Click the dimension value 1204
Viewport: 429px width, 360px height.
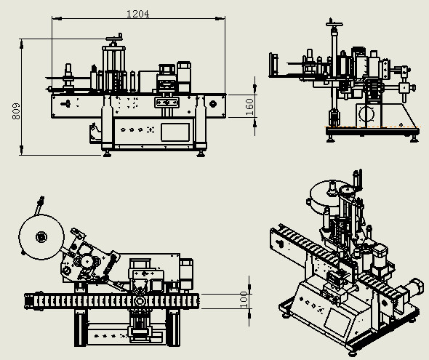[x=138, y=14]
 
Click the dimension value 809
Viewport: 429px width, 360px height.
[x=16, y=111]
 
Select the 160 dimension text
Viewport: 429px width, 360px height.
[x=249, y=107]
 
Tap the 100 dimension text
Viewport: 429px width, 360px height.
[x=244, y=300]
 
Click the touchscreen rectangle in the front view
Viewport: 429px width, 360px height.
[x=175, y=132]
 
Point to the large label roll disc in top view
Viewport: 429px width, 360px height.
[x=41, y=237]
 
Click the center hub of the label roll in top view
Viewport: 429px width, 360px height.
[x=41, y=237]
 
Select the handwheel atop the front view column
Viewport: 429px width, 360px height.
[x=114, y=38]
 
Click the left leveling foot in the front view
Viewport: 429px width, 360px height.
[x=107, y=153]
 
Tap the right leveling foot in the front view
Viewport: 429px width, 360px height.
[x=201, y=153]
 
